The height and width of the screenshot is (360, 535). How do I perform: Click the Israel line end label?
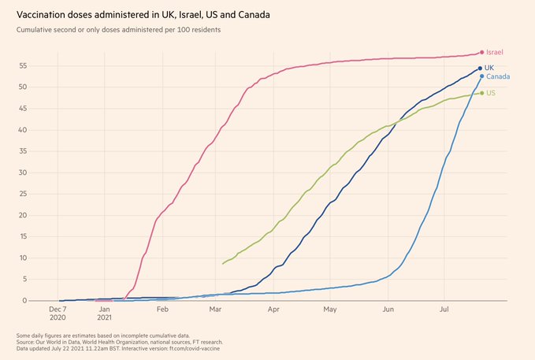point(495,52)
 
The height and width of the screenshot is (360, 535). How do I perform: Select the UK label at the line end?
point(489,68)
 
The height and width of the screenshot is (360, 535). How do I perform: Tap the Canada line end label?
point(497,76)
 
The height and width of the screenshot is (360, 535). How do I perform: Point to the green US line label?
point(491,93)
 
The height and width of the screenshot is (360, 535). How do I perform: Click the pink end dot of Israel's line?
point(481,53)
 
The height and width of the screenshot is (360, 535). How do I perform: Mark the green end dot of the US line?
point(481,93)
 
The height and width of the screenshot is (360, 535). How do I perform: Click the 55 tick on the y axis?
point(24,66)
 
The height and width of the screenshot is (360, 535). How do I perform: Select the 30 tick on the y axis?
point(24,173)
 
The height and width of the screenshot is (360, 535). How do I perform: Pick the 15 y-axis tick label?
point(24,236)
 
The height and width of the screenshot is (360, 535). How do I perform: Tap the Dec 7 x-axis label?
point(58,310)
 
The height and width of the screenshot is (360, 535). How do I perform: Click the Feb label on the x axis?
point(162,310)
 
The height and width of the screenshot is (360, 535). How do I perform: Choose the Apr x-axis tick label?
point(273,310)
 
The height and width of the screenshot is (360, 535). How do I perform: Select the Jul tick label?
point(444,310)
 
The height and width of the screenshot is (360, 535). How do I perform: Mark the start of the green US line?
point(223,264)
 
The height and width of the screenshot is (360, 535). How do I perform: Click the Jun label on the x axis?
point(388,310)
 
